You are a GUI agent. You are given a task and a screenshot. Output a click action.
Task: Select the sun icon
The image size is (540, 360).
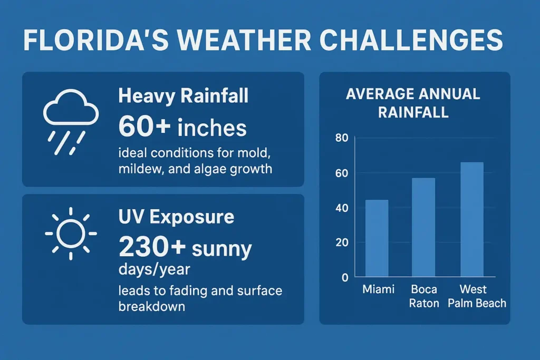(x=71, y=232)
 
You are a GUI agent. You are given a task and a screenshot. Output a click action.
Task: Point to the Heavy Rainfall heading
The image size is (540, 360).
(x=183, y=96)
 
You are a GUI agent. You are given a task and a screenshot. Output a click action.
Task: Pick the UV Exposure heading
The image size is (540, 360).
(x=176, y=217)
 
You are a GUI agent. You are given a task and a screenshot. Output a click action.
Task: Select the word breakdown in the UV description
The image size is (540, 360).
(x=151, y=306)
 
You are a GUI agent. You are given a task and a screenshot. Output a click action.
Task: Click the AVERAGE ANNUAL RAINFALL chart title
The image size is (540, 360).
(x=413, y=103)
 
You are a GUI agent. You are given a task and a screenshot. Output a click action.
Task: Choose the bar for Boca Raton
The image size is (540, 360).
(x=423, y=227)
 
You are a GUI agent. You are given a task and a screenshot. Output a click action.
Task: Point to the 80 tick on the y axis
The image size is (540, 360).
(x=342, y=139)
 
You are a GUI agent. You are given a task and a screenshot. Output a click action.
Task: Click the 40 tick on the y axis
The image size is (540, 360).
(x=342, y=208)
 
